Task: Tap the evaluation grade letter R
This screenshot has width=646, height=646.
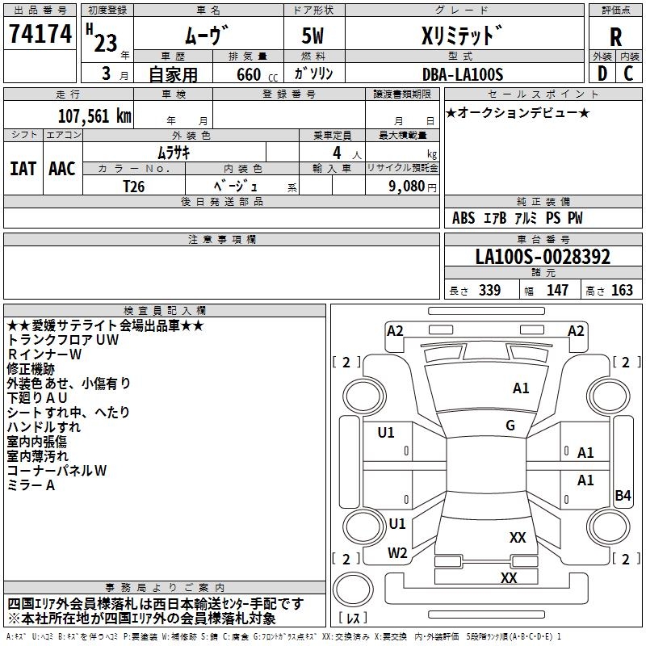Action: click(616, 36)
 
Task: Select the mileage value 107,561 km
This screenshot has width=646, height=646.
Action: click(94, 115)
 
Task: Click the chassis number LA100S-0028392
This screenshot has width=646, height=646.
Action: click(543, 258)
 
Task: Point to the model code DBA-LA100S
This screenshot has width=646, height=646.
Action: click(463, 74)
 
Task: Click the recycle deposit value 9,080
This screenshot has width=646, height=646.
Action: click(406, 186)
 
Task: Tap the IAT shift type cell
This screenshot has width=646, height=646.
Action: click(23, 169)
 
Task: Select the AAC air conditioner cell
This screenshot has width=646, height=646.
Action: click(62, 169)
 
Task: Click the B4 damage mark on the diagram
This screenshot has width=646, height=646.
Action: click(623, 496)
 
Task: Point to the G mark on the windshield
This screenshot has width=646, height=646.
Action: click(510, 426)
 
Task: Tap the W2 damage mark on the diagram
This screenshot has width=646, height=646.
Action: click(397, 553)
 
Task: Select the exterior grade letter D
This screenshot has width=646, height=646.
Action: click(602, 74)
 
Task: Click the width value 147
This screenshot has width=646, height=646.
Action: click(557, 291)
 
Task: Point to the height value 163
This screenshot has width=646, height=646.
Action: click(622, 291)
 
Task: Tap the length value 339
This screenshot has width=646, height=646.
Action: click(489, 291)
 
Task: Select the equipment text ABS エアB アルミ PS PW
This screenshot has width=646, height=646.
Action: click(517, 218)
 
